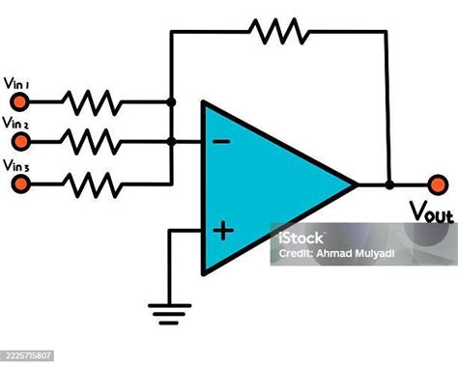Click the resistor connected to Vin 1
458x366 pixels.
pos(93,100)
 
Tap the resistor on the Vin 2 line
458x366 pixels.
pos(93,140)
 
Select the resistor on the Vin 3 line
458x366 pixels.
pos(93,181)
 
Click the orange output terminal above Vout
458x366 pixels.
pos(438,183)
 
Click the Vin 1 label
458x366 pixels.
pos(15,83)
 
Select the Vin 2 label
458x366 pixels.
pos(15,123)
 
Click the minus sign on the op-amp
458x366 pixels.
pos(221,142)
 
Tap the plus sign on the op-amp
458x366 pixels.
pos(223,230)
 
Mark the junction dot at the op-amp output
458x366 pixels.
pos(388,183)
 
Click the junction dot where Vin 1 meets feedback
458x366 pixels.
pos(171,100)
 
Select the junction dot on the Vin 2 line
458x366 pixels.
pos(171,141)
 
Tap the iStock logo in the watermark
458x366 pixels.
pos(295,238)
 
